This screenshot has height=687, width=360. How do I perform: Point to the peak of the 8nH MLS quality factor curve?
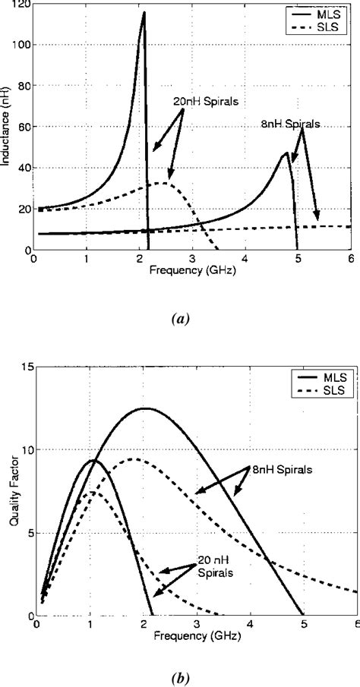coord(144,408)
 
